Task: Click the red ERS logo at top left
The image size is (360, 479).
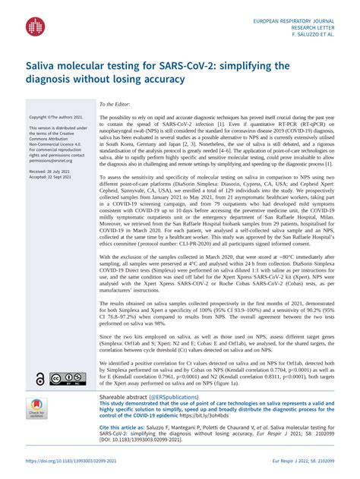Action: click(x=35, y=28)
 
